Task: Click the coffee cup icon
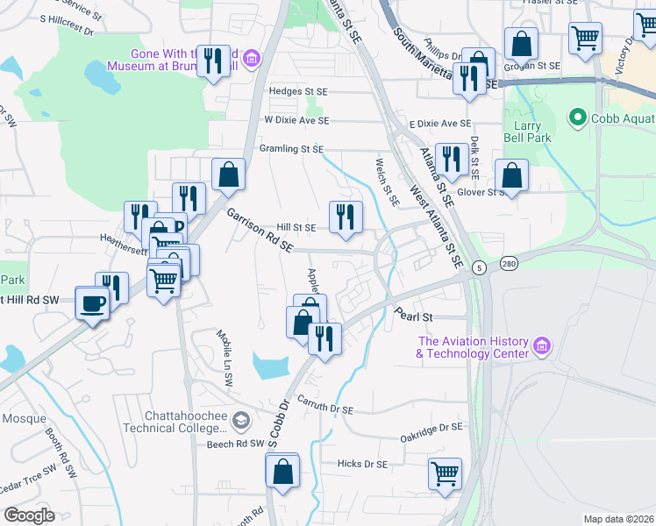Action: pos(92,303)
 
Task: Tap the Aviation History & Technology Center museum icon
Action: pos(541,347)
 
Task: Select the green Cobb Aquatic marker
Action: pos(577,117)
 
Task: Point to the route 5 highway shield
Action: pos(478,267)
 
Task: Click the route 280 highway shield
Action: pos(510,264)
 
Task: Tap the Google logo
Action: pos(30,515)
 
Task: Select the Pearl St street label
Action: pos(414,315)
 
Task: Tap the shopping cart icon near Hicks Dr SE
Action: pos(445,473)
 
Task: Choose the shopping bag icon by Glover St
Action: pos(511,174)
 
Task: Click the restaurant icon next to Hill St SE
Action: pos(346,217)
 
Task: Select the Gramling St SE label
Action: pos(293,150)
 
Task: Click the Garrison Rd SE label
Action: pos(260,231)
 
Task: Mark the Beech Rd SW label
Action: pos(236,444)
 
